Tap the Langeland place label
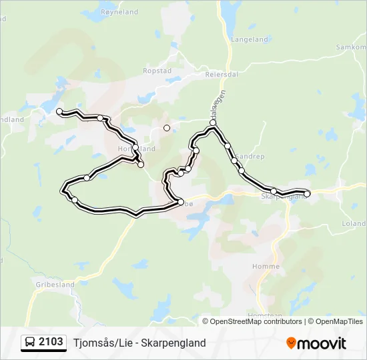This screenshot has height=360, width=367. pos(249,40)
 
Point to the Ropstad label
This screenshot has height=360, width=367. pos(157,70)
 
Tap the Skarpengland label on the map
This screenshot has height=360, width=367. pos(284,197)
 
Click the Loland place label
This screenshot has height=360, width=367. pos(354,224)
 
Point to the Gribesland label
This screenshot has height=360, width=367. pos(55,284)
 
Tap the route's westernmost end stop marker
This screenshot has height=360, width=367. pos(59,111)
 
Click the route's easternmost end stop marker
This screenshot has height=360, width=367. pos(307,194)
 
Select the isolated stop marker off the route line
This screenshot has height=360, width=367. pos(167,127)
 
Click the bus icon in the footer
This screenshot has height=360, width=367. pos(30,343)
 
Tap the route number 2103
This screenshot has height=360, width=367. pos(51,342)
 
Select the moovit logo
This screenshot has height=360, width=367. pos(316,343)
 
